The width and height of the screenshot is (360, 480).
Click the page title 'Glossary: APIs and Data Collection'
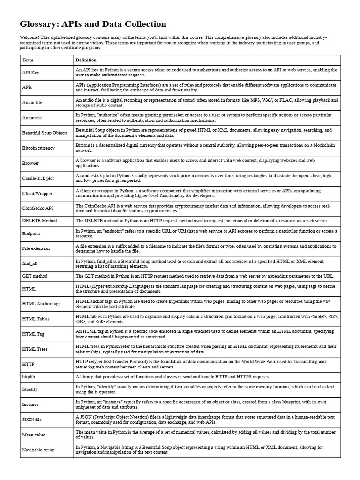pyautogui.click(x=93, y=24)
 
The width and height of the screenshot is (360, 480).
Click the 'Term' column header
pyautogui.click(x=28, y=60)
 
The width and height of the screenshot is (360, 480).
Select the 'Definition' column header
pyautogui.click(x=86, y=60)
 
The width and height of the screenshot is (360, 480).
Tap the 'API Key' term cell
pyautogui.click(x=31, y=73)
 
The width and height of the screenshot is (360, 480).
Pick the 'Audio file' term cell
pyautogui.click(x=32, y=102)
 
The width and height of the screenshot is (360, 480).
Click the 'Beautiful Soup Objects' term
pyautogui.click(x=45, y=133)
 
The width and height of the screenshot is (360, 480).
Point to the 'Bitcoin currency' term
pyautogui.click(x=38, y=148)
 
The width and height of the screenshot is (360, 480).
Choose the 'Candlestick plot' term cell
pyautogui.click(x=38, y=178)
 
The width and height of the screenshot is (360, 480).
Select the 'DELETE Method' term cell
pyautogui.click(x=39, y=220)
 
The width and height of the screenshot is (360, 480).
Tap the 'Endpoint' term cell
pyautogui.click(x=31, y=233)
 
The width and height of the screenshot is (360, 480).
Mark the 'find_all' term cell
pyautogui.click(x=30, y=263)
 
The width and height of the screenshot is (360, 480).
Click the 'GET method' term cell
pyautogui.click(x=35, y=276)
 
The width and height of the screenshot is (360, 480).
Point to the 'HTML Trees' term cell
pyautogui.click(x=35, y=349)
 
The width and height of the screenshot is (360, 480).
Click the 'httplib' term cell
pyautogui.click(x=29, y=376)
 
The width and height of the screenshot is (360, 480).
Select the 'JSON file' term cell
pyautogui.click(x=32, y=419)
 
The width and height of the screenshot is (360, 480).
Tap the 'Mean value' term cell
pyautogui.click(x=34, y=435)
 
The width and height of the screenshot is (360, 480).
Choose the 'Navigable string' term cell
pyautogui.click(x=38, y=450)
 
